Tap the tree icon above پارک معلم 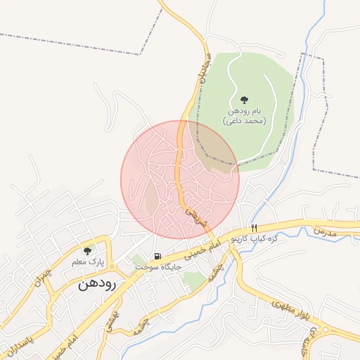pos(87,250)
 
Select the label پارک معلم pos(87,262)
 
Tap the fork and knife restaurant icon pos(255,228)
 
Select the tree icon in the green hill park pos(244,100)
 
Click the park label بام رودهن pos(247,111)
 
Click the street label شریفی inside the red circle pos(192,214)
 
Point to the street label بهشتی pos(110,323)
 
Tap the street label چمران pos(45,277)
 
